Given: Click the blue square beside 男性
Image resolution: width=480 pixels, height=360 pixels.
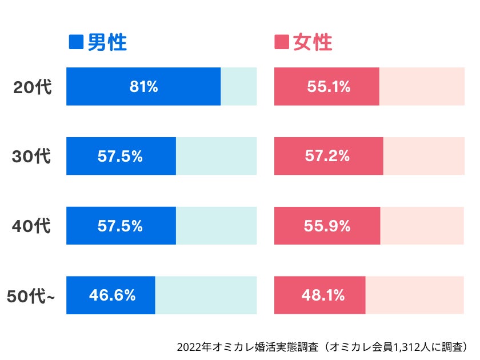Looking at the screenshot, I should point(75,42).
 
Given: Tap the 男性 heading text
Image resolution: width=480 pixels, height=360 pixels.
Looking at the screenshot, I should point(107,42).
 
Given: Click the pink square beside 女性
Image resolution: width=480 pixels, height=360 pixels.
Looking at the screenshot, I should point(282,42).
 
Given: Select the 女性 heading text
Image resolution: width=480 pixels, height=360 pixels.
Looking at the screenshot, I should point(313,42).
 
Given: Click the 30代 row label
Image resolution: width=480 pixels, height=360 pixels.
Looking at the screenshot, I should point(32,157).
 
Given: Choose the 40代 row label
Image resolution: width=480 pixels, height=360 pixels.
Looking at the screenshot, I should point(32,226).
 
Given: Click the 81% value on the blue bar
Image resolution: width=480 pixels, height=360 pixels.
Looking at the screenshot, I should point(143,87).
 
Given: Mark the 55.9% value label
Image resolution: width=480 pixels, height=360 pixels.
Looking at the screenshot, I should point(327,226).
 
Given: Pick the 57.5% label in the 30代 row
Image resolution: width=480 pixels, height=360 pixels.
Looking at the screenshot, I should point(120,156).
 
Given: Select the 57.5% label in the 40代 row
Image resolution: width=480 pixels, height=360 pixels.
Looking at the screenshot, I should point(120,226).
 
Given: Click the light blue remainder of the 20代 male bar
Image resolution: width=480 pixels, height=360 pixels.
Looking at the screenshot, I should point(239,86).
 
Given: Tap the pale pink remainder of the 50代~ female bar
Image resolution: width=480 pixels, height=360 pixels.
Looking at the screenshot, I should point(414,295).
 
